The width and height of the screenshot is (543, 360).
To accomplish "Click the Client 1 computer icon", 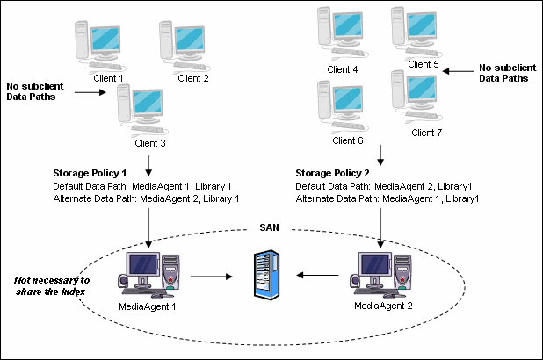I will click(106, 44).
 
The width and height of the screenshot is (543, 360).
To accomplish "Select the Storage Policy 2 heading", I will click(326, 174).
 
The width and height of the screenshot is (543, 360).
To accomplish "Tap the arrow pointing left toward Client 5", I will click(456, 71).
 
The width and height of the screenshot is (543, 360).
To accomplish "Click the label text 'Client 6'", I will click(348, 140).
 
